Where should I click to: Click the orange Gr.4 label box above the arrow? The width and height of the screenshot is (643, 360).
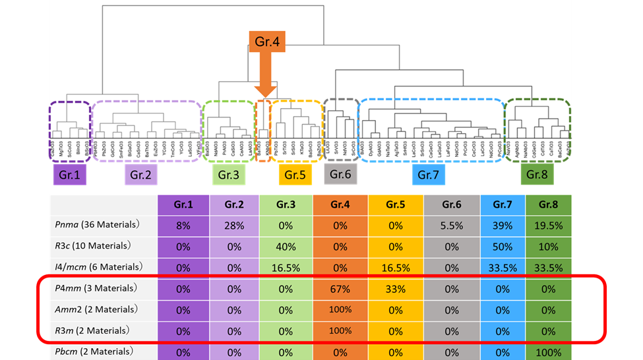pos(266,42)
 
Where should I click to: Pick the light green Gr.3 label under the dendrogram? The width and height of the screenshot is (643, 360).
pos(229,175)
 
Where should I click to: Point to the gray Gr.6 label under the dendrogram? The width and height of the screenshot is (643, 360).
pos(341,174)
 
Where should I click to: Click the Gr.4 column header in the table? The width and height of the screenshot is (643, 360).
pos(341,204)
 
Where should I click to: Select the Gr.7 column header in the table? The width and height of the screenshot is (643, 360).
pos(503,204)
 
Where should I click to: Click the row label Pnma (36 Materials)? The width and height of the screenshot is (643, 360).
pos(96,225)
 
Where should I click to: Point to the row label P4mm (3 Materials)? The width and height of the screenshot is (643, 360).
pos(96,288)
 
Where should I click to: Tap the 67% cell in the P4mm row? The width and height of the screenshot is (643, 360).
pos(341,288)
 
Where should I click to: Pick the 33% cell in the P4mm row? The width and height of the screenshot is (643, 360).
pos(396,288)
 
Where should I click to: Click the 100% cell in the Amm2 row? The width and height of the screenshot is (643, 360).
pos(341,309)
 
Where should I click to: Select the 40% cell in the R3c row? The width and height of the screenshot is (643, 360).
pos(286,246)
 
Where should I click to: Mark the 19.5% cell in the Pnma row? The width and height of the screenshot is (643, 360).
pos(549,225)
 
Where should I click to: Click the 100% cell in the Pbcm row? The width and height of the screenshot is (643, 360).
pos(549,352)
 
